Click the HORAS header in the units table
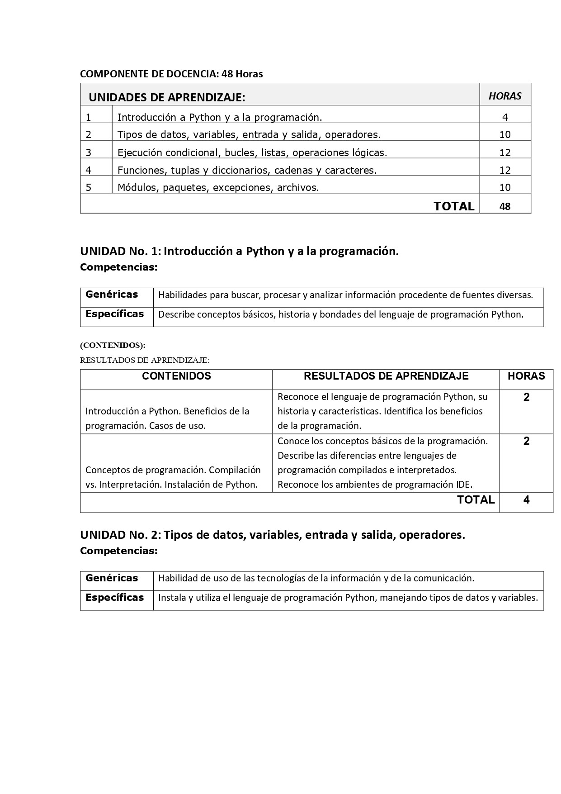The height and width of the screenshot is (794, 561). [x=504, y=96]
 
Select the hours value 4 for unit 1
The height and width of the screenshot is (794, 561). [x=505, y=117]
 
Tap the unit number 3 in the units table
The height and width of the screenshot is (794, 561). [x=89, y=152]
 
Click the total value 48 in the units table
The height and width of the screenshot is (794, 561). [x=505, y=206]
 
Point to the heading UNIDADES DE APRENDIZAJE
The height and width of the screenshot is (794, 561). [x=167, y=97]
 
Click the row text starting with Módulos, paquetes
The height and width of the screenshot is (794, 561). [x=218, y=187]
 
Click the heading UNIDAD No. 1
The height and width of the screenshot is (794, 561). [x=239, y=251]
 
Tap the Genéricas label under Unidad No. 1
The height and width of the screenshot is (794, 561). [x=112, y=295]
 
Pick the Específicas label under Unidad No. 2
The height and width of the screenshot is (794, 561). [x=114, y=598]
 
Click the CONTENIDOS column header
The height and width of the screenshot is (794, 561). [x=176, y=376]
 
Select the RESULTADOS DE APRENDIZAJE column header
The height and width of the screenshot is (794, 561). [x=386, y=376]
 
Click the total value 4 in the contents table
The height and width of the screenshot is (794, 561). [x=526, y=500]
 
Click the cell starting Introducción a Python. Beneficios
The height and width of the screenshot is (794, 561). [x=167, y=418]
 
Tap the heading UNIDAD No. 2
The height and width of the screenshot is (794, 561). [x=272, y=535]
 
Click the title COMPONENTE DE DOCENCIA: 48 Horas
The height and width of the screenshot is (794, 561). [x=171, y=74]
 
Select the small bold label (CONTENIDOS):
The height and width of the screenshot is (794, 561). [x=113, y=345]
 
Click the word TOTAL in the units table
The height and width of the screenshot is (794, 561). [x=454, y=206]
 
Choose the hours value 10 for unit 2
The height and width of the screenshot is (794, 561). [x=505, y=134]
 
